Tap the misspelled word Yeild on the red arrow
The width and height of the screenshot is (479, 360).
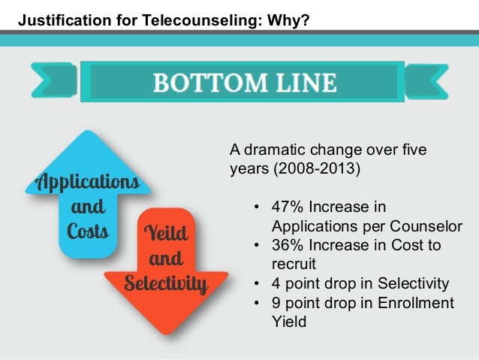tap(166, 234)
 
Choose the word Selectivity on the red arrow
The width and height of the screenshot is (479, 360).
tap(166, 284)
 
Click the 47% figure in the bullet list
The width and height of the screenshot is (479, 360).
tap(287, 207)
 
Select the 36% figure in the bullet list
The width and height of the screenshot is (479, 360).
tap(287, 246)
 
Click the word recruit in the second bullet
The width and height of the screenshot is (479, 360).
tap(291, 265)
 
